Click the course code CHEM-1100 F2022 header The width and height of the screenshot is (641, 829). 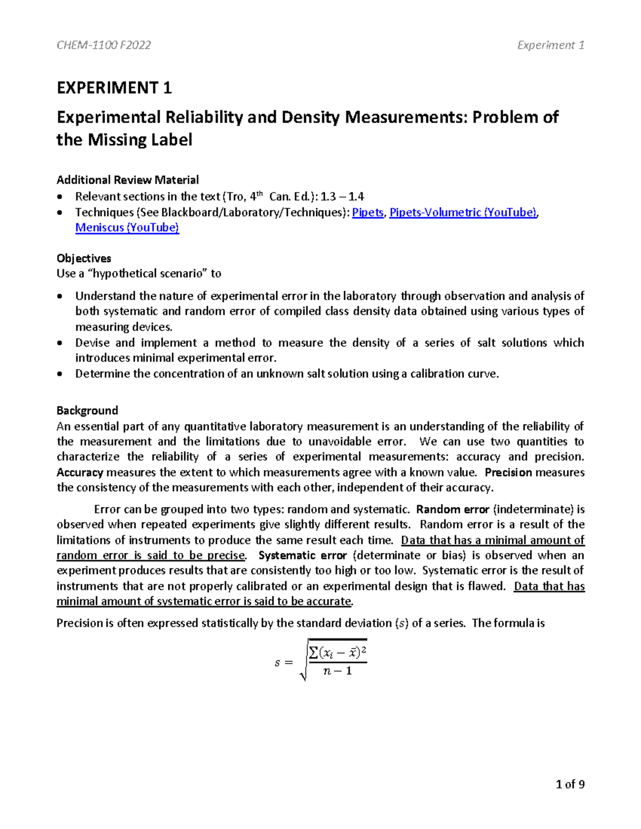tap(104, 45)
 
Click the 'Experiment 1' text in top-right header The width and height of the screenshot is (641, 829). tap(550, 45)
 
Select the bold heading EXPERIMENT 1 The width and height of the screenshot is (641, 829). tap(114, 88)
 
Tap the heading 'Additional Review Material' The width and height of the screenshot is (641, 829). tap(128, 180)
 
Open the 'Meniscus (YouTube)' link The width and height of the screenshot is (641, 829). tap(127, 228)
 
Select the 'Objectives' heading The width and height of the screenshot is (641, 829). tap(84, 258)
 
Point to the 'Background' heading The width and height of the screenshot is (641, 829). tap(87, 410)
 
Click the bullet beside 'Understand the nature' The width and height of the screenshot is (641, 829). tap(62, 297)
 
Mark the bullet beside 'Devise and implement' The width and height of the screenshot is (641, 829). tap(62, 343)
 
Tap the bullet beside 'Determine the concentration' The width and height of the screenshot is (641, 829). tap(62, 374)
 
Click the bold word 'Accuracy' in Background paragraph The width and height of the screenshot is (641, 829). tap(80, 472)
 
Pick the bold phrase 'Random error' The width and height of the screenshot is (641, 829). tap(452, 509)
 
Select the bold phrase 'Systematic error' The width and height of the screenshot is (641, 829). tap(302, 556)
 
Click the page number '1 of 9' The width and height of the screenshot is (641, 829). tap(570, 784)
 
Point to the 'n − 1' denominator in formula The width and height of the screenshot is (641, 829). tap(338, 671)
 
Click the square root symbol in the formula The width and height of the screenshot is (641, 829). tap(303, 662)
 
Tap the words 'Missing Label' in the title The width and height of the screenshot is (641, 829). tap(140, 140)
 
